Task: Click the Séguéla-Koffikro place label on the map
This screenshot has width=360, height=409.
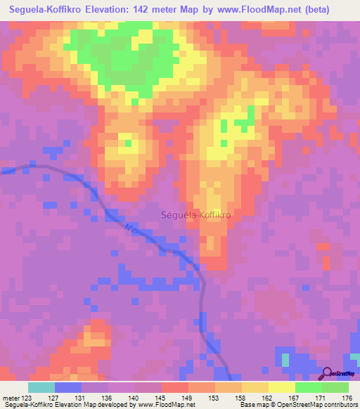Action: (x=197, y=216)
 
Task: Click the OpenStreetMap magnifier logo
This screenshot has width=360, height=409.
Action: (x=328, y=373)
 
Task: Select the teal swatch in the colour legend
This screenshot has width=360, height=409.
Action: (x=41, y=387)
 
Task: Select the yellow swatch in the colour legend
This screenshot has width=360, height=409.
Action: (x=255, y=387)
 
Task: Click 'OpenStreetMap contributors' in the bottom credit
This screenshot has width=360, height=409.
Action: (x=316, y=405)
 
